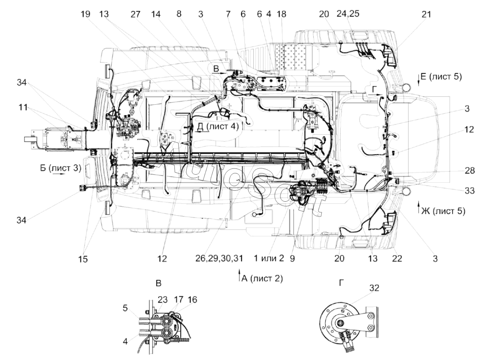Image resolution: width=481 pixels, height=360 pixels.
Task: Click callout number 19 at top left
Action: (86, 14)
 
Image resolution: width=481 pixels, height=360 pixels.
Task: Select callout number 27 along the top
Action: (135, 14)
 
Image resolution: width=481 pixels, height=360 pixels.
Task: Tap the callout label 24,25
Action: (348, 14)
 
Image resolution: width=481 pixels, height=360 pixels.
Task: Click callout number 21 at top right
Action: (426, 14)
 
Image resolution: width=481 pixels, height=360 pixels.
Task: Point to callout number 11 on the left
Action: (23, 107)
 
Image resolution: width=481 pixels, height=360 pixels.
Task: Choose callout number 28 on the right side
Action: (470, 171)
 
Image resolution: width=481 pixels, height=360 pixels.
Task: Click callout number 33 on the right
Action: (470, 191)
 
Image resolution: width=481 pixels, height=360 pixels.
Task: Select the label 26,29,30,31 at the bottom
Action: (219, 259)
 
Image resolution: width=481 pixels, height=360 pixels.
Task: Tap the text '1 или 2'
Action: (269, 259)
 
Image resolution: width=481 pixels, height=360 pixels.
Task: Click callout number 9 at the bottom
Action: (292, 259)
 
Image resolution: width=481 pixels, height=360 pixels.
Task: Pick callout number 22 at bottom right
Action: (397, 259)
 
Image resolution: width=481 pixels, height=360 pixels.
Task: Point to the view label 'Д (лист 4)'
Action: (217, 126)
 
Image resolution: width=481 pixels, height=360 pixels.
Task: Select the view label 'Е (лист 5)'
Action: (441, 76)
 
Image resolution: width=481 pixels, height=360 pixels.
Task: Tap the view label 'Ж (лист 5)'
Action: (443, 211)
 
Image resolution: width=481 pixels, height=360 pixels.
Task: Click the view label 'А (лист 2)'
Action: (262, 279)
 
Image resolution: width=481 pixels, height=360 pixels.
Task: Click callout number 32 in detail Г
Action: (374, 288)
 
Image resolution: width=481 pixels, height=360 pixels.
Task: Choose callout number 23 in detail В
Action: (163, 299)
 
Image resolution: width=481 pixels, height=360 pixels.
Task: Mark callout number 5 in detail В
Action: (125, 308)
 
